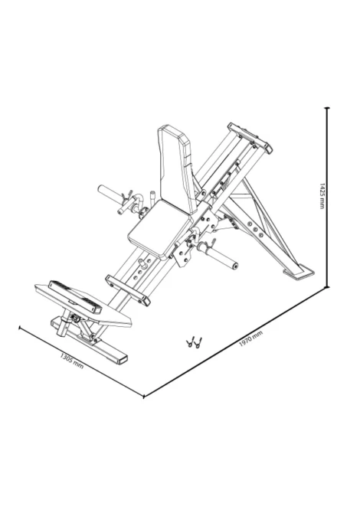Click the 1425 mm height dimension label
[x=322, y=196]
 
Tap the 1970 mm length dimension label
[x=250, y=339]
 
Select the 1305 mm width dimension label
[x=72, y=361]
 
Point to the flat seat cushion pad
[x=159, y=228]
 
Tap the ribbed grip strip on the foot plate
[x=75, y=297]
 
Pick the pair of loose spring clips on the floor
[x=194, y=342]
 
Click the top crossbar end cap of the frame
[x=250, y=138]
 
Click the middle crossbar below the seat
[x=128, y=290]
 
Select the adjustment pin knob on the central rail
[x=143, y=263]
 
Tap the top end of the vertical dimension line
[x=326, y=107]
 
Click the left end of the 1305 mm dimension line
[x=20, y=327]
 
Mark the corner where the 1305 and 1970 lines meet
[x=144, y=396]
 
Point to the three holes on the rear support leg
[x=255, y=229]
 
